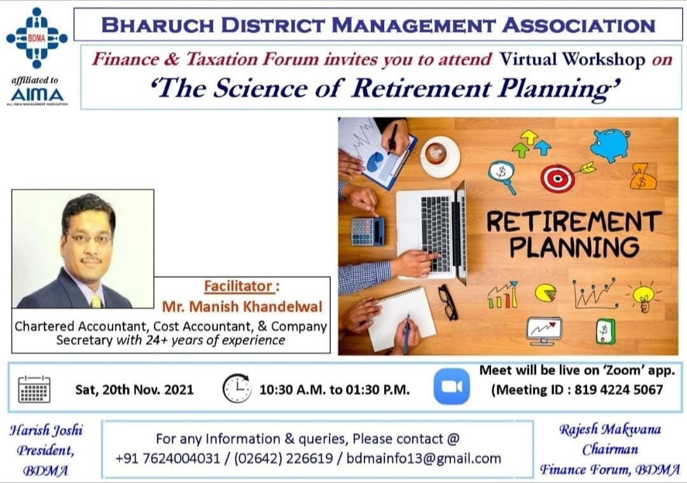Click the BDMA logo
(x=36, y=38)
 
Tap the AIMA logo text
(x=37, y=94)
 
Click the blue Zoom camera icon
(x=452, y=387)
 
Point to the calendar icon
(x=34, y=388)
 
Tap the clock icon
(x=237, y=388)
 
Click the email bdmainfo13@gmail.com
(x=424, y=458)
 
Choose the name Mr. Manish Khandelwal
(x=242, y=307)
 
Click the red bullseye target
(x=557, y=179)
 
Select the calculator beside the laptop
(x=368, y=231)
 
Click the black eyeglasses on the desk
(x=448, y=302)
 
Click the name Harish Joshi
(x=46, y=430)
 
